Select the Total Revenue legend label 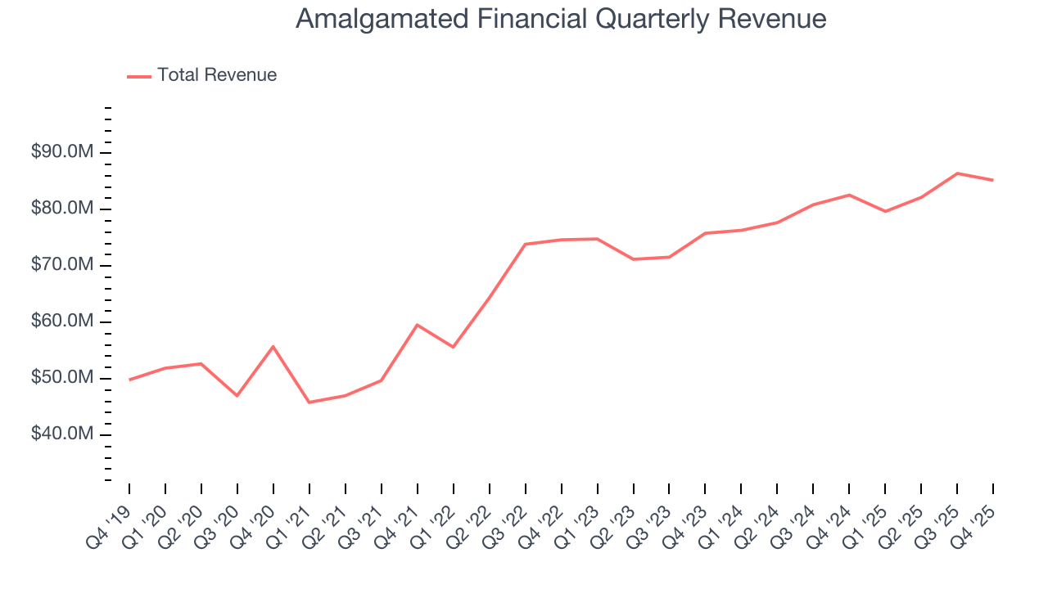coord(217,75)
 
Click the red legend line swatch coord(139,76)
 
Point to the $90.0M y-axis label coord(63,153)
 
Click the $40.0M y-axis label coord(63,434)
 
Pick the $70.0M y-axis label coord(63,266)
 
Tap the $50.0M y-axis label coord(63,379)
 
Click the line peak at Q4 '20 coord(273,346)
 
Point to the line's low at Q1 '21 coord(309,402)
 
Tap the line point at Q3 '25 coord(957,173)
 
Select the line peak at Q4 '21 coord(417,325)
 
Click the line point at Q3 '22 coord(525,244)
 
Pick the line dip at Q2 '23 coord(633,259)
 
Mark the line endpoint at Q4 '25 coord(993,180)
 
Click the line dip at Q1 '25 coord(885,211)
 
